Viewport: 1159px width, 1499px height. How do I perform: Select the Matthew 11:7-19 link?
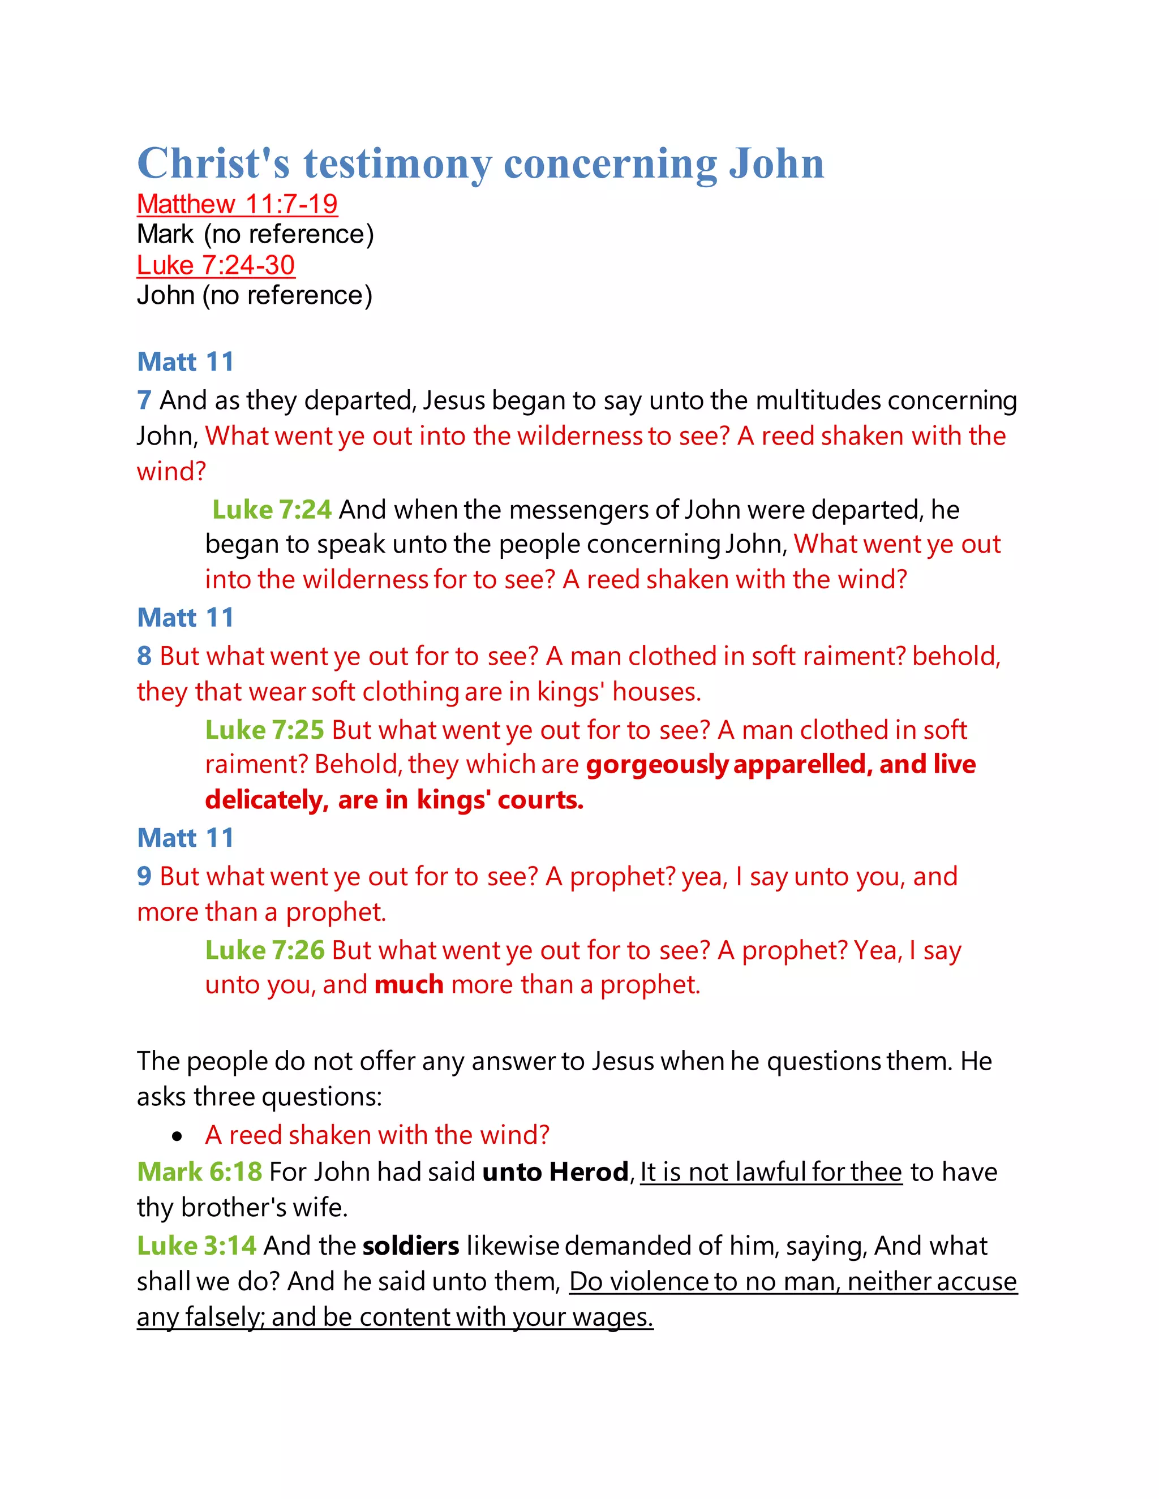(x=237, y=204)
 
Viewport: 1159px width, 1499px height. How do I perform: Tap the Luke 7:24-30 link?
(x=216, y=265)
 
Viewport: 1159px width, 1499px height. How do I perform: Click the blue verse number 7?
(x=144, y=400)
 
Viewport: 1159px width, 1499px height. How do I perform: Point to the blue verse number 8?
(x=144, y=656)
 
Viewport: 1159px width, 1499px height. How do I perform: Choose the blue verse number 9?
(x=144, y=876)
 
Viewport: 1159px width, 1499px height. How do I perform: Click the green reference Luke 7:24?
(x=272, y=509)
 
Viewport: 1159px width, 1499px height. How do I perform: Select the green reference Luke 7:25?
(x=264, y=730)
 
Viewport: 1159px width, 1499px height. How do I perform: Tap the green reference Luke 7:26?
(x=264, y=950)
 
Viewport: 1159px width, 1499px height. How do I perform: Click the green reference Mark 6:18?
(x=199, y=1171)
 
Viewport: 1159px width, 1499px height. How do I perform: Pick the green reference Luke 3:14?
(x=196, y=1245)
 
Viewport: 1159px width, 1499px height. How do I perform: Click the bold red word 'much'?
(x=409, y=985)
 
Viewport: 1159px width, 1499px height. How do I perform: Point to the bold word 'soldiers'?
(x=411, y=1246)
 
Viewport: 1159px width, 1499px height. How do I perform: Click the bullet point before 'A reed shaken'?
(x=178, y=1136)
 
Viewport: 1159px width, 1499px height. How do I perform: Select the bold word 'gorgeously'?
(x=656, y=765)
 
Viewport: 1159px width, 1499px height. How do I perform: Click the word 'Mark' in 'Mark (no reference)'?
(x=165, y=234)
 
